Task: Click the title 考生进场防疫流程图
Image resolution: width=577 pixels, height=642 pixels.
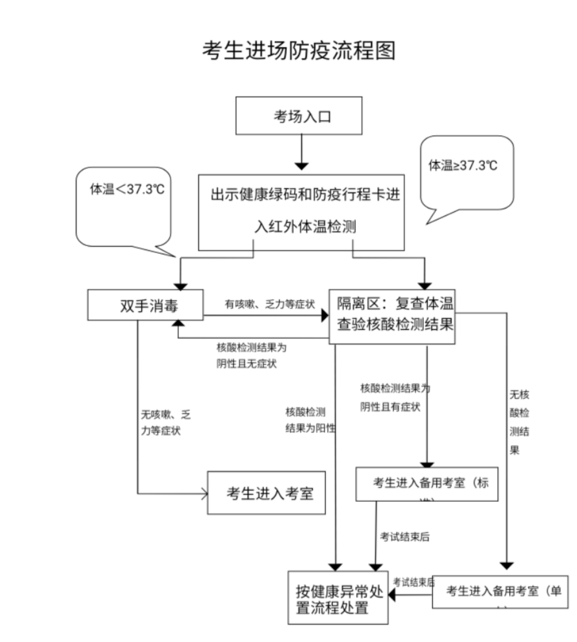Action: [299, 51]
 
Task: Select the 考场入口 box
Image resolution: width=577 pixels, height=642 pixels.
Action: [299, 116]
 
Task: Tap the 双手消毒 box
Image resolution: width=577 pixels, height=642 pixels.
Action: [145, 305]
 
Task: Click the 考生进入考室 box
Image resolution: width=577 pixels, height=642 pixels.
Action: [266, 493]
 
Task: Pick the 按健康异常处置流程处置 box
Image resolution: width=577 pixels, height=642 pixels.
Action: [338, 598]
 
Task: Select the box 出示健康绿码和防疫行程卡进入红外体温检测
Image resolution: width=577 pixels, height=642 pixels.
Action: [301, 212]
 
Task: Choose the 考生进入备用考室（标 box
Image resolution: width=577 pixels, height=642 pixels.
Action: [427, 484]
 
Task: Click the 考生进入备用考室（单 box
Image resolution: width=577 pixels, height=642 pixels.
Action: [500, 591]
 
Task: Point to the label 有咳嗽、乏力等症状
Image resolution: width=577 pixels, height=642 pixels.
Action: [270, 304]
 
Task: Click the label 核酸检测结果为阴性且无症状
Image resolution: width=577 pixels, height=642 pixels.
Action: [251, 355]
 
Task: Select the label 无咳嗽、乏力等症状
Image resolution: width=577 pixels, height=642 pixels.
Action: [165, 422]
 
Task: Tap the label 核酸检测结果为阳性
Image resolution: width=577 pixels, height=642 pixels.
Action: [310, 420]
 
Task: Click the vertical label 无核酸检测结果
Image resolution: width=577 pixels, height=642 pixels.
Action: [519, 422]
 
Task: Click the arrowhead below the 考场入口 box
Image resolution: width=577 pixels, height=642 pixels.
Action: [301, 166]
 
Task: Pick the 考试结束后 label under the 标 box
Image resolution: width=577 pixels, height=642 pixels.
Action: [404, 537]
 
